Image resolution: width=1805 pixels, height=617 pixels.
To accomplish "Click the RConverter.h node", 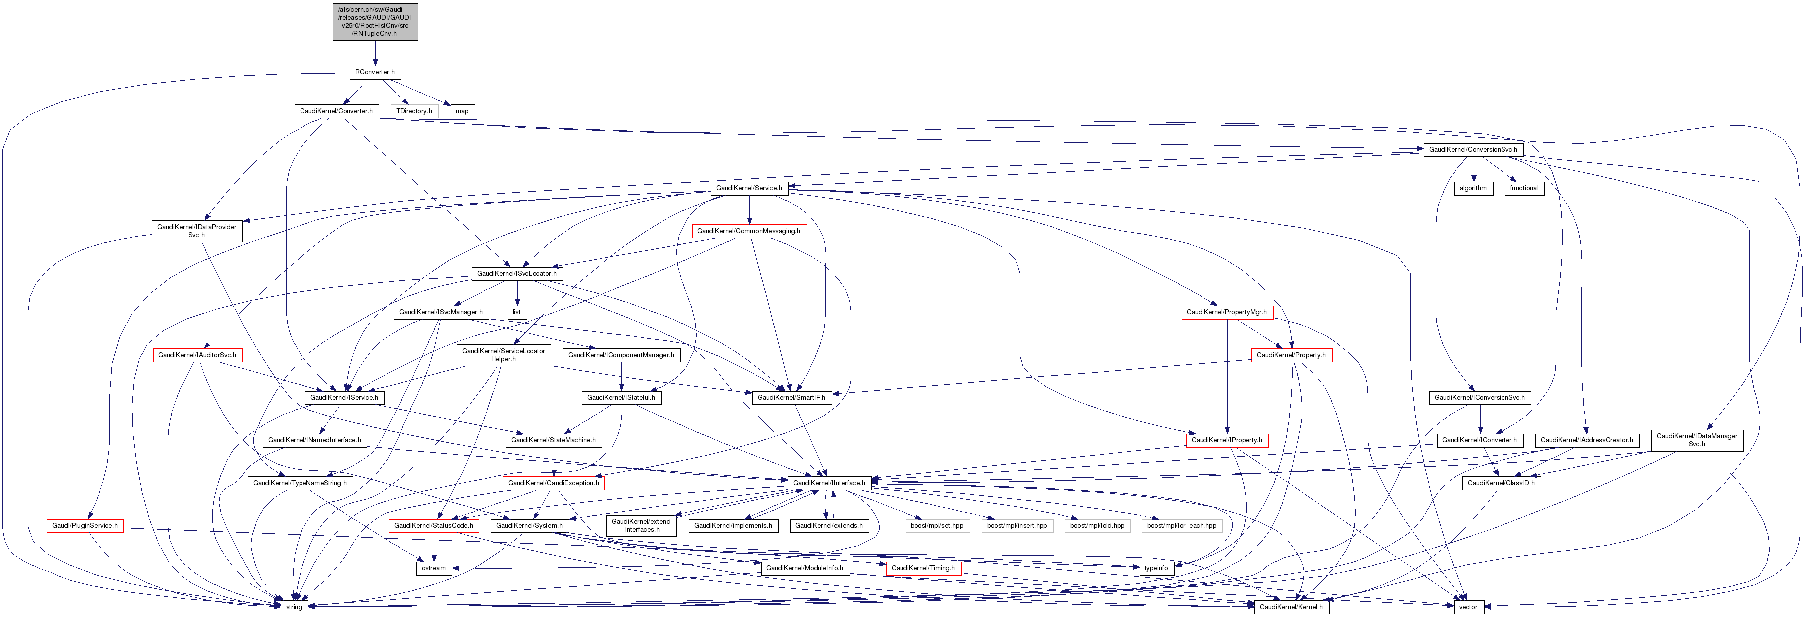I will click(x=375, y=72).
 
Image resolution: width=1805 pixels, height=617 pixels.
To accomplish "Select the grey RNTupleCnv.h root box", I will click(x=375, y=22).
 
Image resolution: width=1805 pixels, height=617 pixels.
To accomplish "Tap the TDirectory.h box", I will click(x=414, y=111).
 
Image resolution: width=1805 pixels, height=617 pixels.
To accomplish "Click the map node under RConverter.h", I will click(x=462, y=111).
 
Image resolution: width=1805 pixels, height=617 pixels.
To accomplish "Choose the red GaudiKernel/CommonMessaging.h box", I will click(x=748, y=231).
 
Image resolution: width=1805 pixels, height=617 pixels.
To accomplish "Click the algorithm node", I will click(x=1473, y=188).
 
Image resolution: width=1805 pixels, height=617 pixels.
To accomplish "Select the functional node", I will click(x=1524, y=188).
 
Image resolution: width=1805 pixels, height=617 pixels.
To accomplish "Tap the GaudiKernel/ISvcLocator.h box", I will click(x=517, y=273).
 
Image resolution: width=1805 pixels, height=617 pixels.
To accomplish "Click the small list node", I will click(x=517, y=312).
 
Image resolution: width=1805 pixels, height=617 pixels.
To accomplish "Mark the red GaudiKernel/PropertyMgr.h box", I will click(x=1226, y=312).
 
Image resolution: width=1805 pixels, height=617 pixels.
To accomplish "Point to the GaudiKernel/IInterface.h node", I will click(x=829, y=483).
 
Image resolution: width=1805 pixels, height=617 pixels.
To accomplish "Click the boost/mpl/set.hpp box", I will click(x=937, y=525).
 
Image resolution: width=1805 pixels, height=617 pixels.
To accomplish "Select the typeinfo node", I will click(x=1156, y=568).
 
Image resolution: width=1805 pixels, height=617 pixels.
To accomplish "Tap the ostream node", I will click(x=434, y=568).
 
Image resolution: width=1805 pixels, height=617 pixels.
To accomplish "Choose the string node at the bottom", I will click(x=294, y=607).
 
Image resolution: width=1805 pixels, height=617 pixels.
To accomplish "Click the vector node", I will click(x=1468, y=607).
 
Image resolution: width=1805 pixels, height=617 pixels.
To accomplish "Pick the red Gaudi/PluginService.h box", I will click(x=85, y=525).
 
